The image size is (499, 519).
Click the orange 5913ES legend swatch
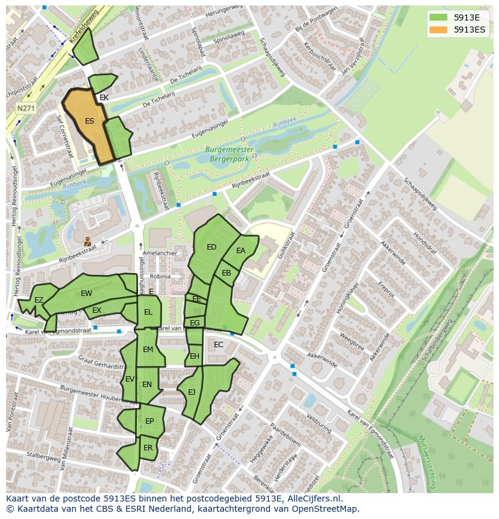(x=439, y=30)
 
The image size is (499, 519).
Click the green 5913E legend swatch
(x=439, y=17)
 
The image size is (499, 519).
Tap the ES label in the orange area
(x=89, y=121)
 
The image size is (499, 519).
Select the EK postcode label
(x=104, y=98)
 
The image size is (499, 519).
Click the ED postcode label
(x=212, y=247)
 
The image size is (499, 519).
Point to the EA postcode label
(x=241, y=251)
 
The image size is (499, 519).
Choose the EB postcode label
(x=227, y=273)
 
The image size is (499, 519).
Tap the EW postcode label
(x=86, y=294)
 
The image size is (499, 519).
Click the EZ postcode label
(x=39, y=300)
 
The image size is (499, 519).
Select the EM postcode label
(x=148, y=350)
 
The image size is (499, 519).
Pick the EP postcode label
(x=149, y=421)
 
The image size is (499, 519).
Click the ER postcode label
(x=148, y=448)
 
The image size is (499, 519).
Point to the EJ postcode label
(x=192, y=392)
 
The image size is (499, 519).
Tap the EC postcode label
(x=219, y=345)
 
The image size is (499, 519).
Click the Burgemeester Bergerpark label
(x=229, y=154)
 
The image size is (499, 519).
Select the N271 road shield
(x=25, y=109)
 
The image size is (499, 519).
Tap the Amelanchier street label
(x=160, y=253)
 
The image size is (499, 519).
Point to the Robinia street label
(x=160, y=276)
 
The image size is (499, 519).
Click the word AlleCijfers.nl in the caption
(x=312, y=499)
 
